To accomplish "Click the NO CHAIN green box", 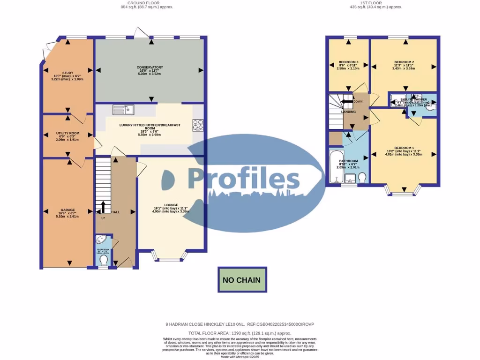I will point(242,280).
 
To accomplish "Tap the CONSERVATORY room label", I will point(150,67).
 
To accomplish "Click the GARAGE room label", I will point(67,210).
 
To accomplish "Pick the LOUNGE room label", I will point(171,205).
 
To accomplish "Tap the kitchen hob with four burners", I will point(198,125).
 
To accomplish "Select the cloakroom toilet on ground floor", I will point(104,260).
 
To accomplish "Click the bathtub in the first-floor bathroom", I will point(336,167).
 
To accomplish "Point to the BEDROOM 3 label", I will point(348,62).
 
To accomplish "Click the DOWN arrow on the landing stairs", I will point(347,101).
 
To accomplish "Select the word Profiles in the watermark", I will point(244,179).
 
